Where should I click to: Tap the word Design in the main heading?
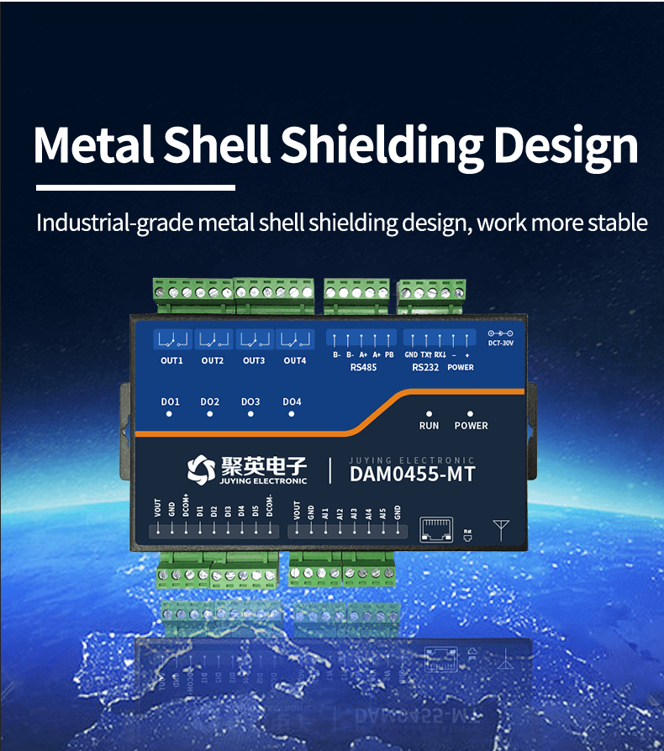(565, 145)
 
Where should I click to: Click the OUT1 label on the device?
(171, 360)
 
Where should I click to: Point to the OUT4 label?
(294, 360)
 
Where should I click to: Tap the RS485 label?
(363, 367)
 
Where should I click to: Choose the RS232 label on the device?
(424, 367)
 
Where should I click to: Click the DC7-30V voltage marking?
(500, 342)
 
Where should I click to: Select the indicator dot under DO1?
(170, 414)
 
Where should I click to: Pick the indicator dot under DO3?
(250, 414)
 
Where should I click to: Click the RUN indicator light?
(429, 413)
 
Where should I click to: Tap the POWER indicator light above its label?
(470, 413)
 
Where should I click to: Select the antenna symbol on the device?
(502, 529)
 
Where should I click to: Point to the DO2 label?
(210, 402)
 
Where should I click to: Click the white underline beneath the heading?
(135, 186)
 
